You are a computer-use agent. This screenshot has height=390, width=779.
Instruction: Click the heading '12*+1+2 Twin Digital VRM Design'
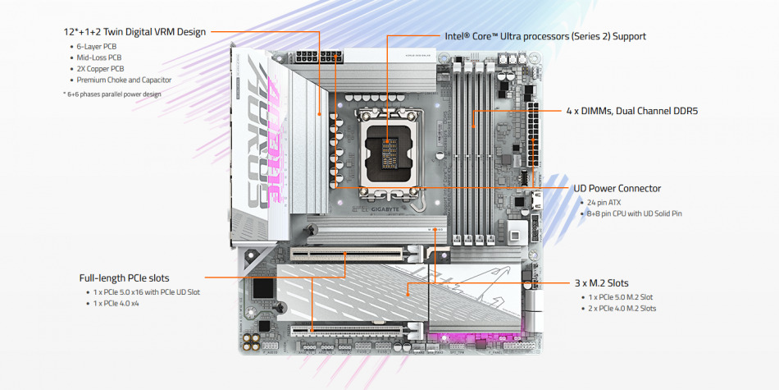pyautogui.click(x=135, y=32)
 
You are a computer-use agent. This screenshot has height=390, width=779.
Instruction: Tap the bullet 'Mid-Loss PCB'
pyautogui.click(x=99, y=57)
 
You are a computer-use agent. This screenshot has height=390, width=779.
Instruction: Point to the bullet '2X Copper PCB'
pyautogui.click(x=101, y=69)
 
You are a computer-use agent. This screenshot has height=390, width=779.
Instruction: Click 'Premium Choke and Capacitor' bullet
pyautogui.click(x=124, y=80)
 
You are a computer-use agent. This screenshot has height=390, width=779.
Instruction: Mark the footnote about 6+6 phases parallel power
pyautogui.click(x=112, y=94)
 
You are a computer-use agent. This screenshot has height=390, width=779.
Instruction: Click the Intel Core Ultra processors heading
pyautogui.click(x=545, y=36)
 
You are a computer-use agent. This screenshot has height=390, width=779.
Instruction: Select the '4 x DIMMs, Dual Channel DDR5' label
pyautogui.click(x=631, y=111)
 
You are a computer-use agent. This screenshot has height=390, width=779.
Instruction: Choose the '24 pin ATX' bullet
pyautogui.click(x=604, y=202)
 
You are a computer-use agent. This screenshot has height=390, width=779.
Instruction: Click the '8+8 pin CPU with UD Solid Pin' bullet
pyautogui.click(x=634, y=213)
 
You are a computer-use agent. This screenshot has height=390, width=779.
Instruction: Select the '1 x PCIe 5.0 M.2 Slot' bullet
pyautogui.click(x=621, y=296)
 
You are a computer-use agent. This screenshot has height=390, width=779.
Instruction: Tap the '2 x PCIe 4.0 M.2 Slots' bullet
pyautogui.click(x=622, y=308)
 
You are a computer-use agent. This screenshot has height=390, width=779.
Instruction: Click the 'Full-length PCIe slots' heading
pyautogui.click(x=125, y=278)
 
